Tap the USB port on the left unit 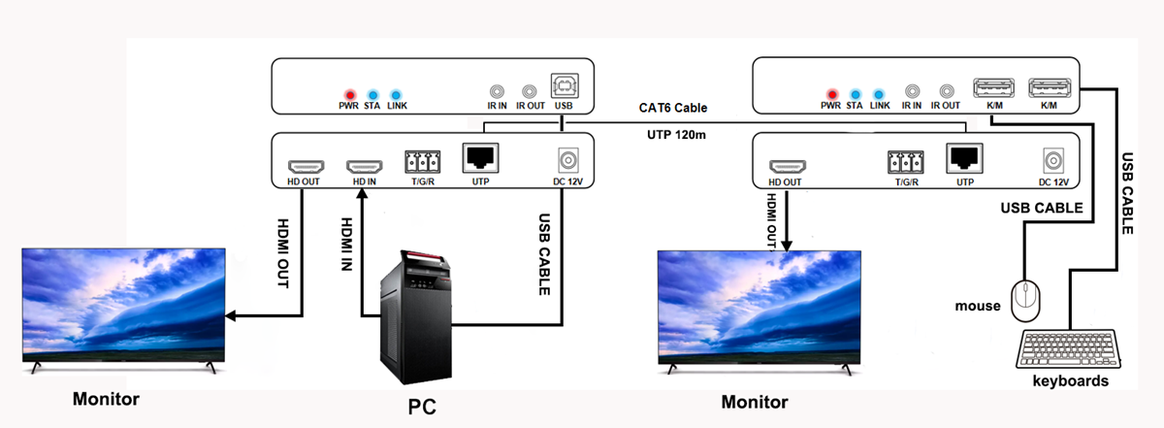(x=562, y=86)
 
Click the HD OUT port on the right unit (x=785, y=162)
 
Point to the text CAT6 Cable (x=672, y=108)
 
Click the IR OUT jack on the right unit (x=946, y=88)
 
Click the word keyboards (x=1071, y=381)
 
